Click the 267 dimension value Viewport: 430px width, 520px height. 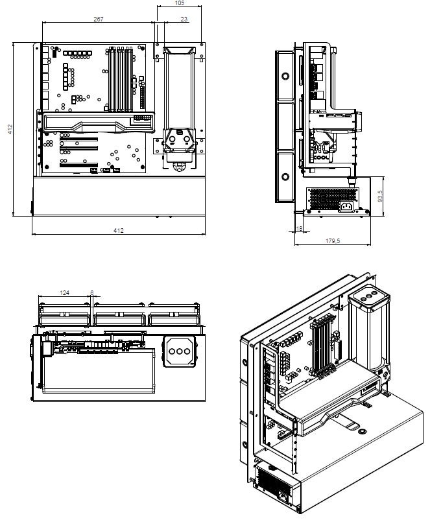point(98,19)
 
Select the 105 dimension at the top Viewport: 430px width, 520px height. point(179,3)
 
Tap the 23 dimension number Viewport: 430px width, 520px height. point(184,19)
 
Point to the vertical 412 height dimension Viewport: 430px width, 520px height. point(10,129)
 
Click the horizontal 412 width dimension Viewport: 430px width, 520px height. point(119,230)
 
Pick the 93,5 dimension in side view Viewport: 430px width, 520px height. point(380,196)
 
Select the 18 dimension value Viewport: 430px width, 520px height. point(299,228)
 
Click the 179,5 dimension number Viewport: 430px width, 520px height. point(333,241)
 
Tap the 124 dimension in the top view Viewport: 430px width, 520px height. point(64,292)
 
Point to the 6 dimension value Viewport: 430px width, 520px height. point(92,292)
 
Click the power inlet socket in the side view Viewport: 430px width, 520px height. point(346,207)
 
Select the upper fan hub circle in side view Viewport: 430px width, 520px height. point(285,77)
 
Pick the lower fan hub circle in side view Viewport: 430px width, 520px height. point(285,176)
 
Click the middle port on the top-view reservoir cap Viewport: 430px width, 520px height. point(180,351)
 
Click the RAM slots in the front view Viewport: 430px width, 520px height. point(121,79)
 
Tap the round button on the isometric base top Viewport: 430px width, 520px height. point(363,431)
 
